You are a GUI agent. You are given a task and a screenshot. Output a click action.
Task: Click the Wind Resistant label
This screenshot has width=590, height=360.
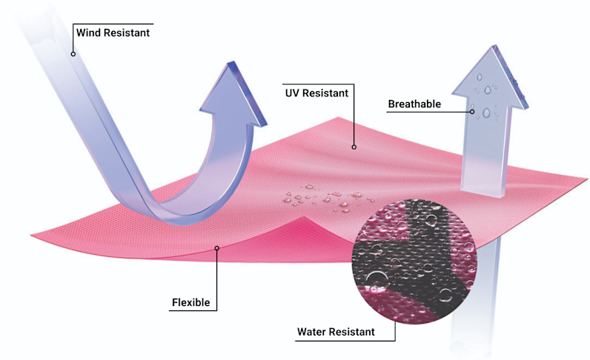point(113,32)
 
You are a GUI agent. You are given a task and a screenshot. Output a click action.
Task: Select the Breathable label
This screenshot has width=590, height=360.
point(414,104)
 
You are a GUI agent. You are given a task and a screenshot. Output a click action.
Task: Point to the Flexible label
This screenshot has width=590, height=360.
point(190,302)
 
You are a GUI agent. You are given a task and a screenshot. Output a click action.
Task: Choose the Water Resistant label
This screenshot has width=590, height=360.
point(336,332)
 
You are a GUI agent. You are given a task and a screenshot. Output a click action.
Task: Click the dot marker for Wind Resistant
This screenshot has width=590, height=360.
point(73,53)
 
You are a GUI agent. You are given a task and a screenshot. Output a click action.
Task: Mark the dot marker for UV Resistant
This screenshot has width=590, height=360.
point(354,147)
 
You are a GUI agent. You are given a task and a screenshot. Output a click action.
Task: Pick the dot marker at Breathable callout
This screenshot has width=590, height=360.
point(472,112)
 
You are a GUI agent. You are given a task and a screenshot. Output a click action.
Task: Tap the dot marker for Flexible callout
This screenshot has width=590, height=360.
point(216,248)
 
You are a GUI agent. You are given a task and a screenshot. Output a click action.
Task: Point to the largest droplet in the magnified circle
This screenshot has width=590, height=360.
point(375,279)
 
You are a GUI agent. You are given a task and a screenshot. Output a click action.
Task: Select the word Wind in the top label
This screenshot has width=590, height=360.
point(88,32)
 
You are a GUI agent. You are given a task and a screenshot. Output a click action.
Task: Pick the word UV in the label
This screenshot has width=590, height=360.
point(292,93)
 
